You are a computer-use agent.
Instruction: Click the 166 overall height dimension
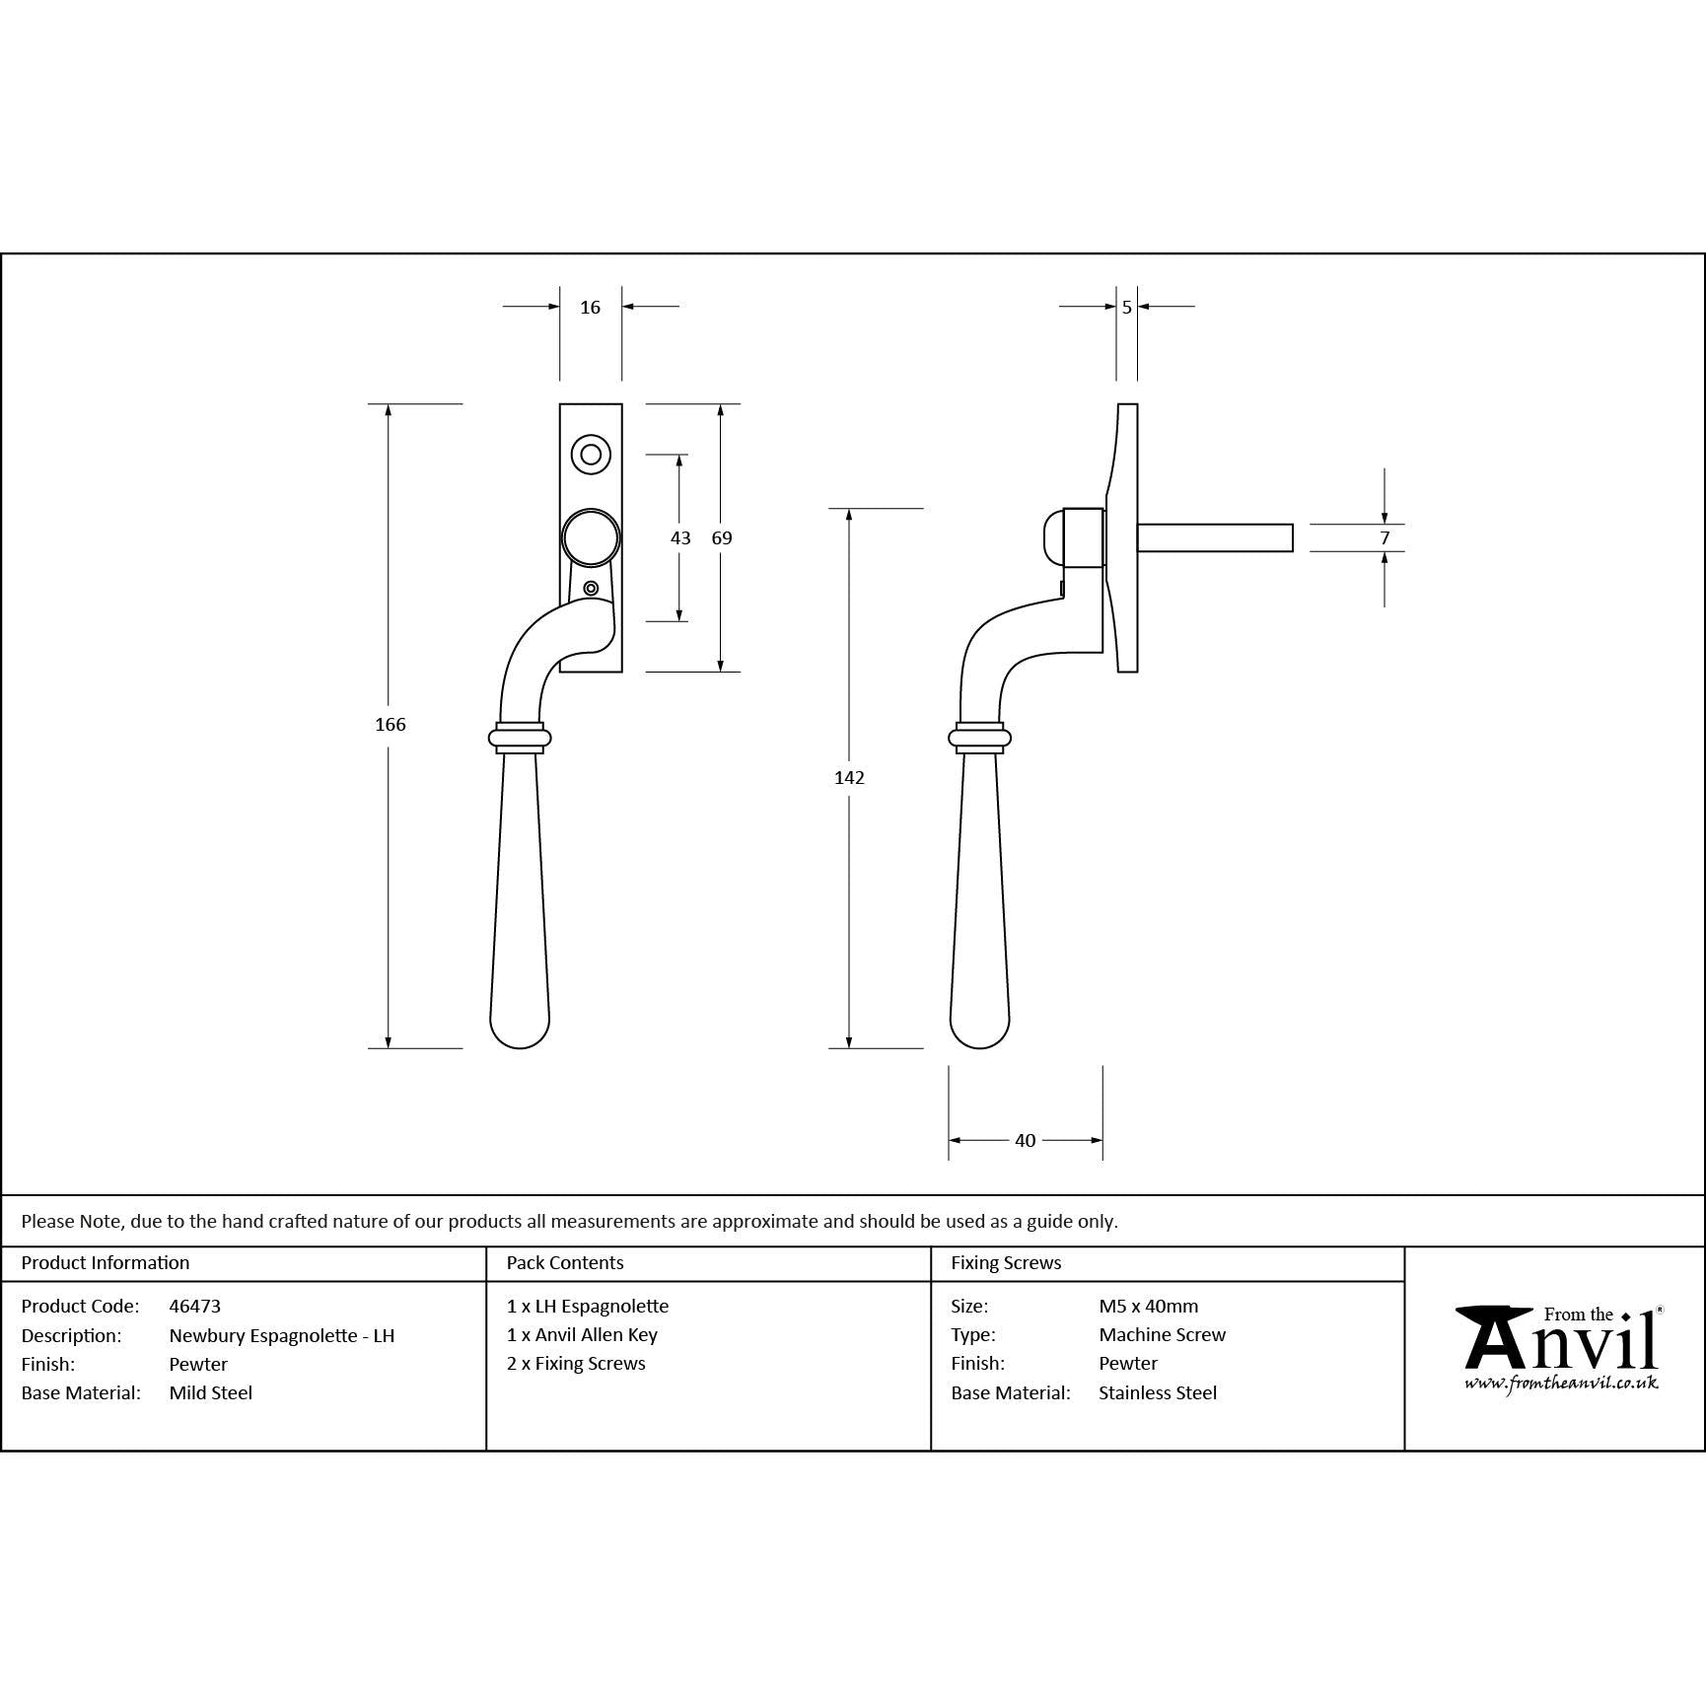(x=391, y=725)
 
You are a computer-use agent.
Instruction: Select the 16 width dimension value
(x=590, y=308)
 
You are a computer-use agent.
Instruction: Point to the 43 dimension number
(x=680, y=538)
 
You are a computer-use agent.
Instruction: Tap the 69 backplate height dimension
(x=722, y=538)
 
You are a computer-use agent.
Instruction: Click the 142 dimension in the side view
(x=849, y=778)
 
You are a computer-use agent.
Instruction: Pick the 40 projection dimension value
(x=1026, y=1141)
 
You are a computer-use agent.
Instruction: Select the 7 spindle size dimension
(x=1385, y=538)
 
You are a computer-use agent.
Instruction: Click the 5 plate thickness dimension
(x=1127, y=308)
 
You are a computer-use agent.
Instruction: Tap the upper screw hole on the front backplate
(x=591, y=455)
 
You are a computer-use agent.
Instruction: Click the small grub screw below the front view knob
(x=591, y=589)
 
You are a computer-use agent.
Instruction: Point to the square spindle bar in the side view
(x=1215, y=537)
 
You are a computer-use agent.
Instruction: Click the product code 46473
(x=195, y=1307)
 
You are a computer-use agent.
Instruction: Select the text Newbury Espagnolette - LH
(x=282, y=1336)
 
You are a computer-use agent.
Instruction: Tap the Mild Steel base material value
(x=211, y=1393)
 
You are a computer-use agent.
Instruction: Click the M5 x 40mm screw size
(x=1149, y=1307)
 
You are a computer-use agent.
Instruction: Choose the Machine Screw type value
(x=1163, y=1335)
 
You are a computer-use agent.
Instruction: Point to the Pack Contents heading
(x=565, y=1263)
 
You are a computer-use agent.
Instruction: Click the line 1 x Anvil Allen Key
(x=582, y=1335)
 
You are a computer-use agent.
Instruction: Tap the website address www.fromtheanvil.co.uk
(x=1561, y=1384)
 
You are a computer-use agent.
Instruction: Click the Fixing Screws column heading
(x=1006, y=1263)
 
